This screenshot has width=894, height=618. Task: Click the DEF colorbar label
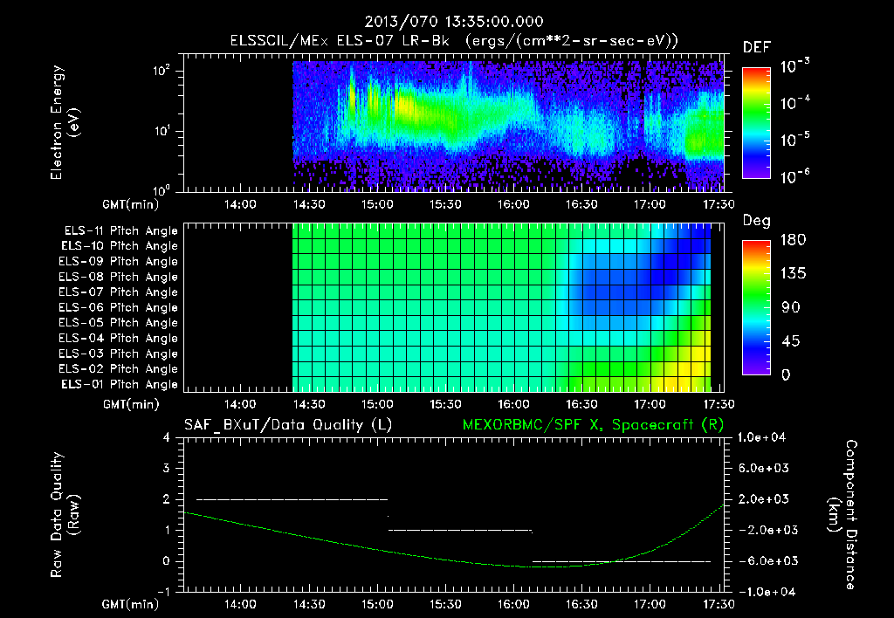[756, 47]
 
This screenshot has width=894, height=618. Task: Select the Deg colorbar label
[756, 221]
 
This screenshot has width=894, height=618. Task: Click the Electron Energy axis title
[65, 126]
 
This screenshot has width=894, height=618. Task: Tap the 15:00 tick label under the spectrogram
[377, 203]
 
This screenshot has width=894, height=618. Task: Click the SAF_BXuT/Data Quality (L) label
[286, 425]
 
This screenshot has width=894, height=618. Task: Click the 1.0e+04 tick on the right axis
[763, 437]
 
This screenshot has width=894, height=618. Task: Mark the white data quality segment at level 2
[292, 499]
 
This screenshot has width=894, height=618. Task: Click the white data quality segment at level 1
[460, 530]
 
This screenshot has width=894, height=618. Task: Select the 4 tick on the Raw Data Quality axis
[168, 437]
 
